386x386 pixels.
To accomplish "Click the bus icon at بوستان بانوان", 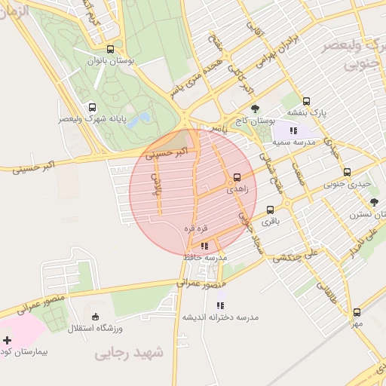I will tap(111, 49).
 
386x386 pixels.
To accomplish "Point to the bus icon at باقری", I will tap(270, 210).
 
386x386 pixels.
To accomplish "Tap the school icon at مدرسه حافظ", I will tap(204, 246).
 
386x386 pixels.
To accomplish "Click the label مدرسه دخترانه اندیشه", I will tap(220, 317).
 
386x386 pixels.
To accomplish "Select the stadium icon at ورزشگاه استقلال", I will tap(95, 317).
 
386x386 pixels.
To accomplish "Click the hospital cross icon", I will tap(8, 341).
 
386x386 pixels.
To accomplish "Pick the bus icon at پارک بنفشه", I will tap(306, 101).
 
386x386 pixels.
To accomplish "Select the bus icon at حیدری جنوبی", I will tap(347, 172).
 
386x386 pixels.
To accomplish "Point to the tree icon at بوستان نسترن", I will tap(374, 202).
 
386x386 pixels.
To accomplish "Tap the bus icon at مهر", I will tap(357, 312).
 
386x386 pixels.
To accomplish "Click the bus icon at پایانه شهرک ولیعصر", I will tap(92, 107).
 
